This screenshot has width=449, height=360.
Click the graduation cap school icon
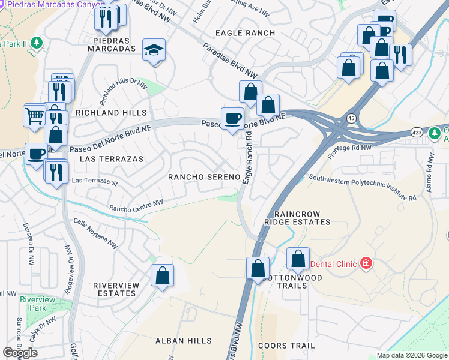click(x=154, y=51)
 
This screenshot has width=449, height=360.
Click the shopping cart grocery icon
click(x=35, y=115)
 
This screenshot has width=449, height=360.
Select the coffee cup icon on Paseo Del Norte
click(x=232, y=117)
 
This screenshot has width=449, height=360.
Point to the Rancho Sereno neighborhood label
click(x=204, y=177)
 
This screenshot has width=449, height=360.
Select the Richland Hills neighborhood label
click(x=110, y=113)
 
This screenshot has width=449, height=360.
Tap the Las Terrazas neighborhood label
click(x=112, y=159)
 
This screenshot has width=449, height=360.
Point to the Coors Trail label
click(x=286, y=346)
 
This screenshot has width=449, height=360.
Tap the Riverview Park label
click(x=33, y=304)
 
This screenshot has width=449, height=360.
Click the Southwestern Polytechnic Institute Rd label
click(x=362, y=187)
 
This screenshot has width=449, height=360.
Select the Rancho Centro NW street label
click(x=136, y=206)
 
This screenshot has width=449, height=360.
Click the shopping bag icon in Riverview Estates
click(x=162, y=275)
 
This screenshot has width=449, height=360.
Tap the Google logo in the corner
click(x=20, y=353)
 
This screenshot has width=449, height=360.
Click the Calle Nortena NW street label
click(x=95, y=232)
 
